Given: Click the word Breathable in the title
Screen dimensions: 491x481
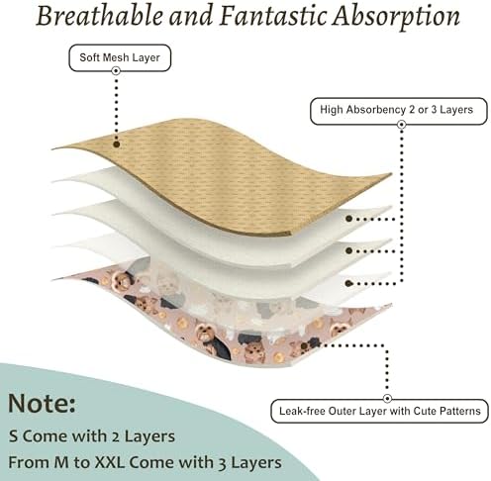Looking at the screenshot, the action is pyautogui.click(x=100, y=16).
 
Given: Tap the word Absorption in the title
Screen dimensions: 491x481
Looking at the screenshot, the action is pyautogui.click(x=396, y=17).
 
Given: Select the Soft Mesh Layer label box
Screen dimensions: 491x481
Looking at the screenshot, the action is pyautogui.click(x=120, y=57).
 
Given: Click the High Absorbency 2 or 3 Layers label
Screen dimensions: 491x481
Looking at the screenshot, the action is pyautogui.click(x=399, y=111).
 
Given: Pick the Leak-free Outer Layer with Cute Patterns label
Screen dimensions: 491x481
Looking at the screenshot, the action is pyautogui.click(x=379, y=411).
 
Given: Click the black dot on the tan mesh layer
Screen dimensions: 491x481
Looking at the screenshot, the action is pyautogui.click(x=116, y=144).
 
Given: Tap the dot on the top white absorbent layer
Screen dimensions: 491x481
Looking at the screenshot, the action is pyautogui.click(x=348, y=219).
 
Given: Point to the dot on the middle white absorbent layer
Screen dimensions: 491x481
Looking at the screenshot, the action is pyautogui.click(x=348, y=250).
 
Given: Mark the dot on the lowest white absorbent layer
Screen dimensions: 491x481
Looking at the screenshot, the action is pyautogui.click(x=348, y=283).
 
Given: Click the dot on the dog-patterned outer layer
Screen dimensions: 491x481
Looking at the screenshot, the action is pyautogui.click(x=304, y=345).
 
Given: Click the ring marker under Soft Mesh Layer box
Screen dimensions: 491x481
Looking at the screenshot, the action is pyautogui.click(x=116, y=70).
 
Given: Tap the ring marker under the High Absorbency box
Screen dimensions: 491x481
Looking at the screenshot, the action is pyautogui.click(x=402, y=125).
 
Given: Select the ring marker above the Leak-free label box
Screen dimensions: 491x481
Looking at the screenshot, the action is pyautogui.click(x=388, y=399).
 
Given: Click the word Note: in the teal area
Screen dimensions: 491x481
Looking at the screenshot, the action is pyautogui.click(x=42, y=403).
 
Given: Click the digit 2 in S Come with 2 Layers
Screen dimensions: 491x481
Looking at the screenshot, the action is pyautogui.click(x=116, y=437).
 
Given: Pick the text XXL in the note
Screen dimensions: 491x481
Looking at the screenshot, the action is pyautogui.click(x=110, y=462).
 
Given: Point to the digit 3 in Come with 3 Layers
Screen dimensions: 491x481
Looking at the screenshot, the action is pyautogui.click(x=223, y=464).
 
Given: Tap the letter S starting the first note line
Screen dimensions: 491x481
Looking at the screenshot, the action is pyautogui.click(x=14, y=436).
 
